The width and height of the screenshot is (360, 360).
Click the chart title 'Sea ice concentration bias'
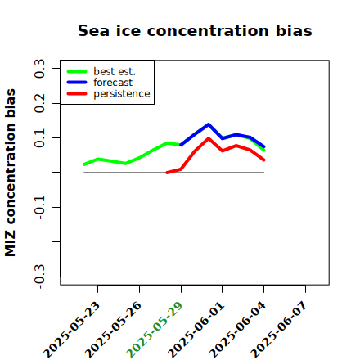pyautogui.click(x=195, y=30)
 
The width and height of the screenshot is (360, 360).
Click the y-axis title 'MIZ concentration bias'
pyautogui.click(x=11, y=173)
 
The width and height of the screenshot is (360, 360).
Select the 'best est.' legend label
pyautogui.click(x=115, y=71)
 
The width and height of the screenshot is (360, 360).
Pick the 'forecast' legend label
pyautogui.click(x=113, y=83)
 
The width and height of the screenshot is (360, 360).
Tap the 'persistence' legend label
pyautogui.click(x=122, y=94)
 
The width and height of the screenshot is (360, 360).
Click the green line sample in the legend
pyautogui.click(x=77, y=71)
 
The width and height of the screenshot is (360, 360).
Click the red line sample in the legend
pyautogui.click(x=77, y=94)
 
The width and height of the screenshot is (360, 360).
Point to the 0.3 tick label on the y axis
pyautogui.click(x=39, y=68)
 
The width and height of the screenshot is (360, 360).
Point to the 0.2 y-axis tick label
pyautogui.click(x=39, y=103)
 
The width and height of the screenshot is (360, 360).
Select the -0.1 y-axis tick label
pyautogui.click(x=39, y=207)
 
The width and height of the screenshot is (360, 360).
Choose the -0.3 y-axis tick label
pyautogui.click(x=39, y=277)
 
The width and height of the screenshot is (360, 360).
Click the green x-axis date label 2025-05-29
pyautogui.click(x=155, y=330)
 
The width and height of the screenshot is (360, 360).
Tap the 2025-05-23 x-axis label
pyautogui.click(x=71, y=330)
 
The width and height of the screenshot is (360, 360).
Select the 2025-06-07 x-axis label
pyautogui.click(x=279, y=330)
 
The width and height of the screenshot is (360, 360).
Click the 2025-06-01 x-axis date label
pyautogui.click(x=196, y=330)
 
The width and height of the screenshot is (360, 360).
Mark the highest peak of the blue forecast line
pyautogui.click(x=209, y=124)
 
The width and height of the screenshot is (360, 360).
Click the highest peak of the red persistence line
pyautogui.click(x=209, y=138)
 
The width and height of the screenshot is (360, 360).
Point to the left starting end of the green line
pyautogui.click(x=84, y=164)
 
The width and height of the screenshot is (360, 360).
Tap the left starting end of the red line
pyautogui.click(x=167, y=173)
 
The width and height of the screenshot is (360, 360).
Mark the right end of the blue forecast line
pyautogui.click(x=263, y=146)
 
